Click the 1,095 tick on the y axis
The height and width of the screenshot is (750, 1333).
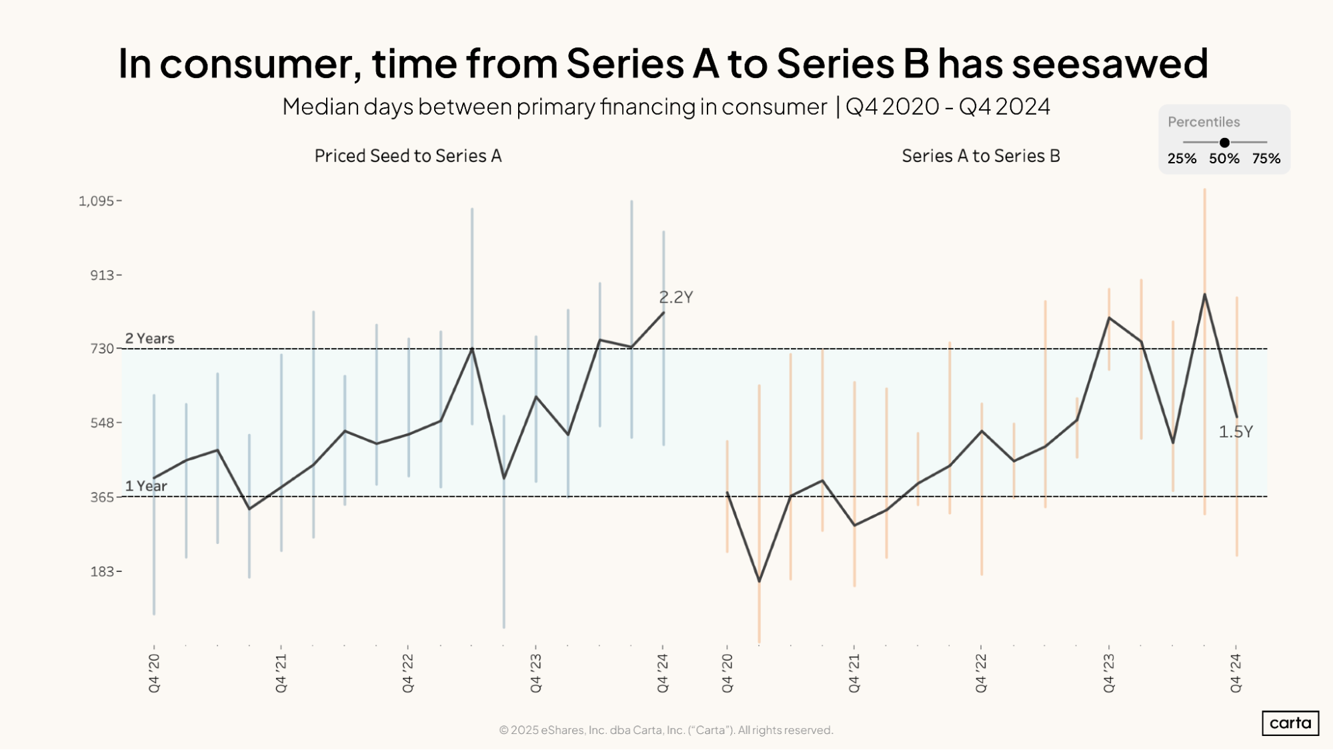coord(97,201)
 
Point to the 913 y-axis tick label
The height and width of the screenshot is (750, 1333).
coord(103,275)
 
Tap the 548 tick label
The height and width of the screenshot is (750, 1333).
coord(103,423)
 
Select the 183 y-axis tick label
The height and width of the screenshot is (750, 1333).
coord(103,571)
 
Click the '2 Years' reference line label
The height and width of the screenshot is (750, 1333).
coord(149,338)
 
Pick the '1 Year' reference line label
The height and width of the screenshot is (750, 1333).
coord(146,486)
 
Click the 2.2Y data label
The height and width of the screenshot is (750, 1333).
coord(676,297)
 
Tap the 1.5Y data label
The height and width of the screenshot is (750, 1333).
coord(1235,432)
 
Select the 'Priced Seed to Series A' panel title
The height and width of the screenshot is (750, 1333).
coord(407,156)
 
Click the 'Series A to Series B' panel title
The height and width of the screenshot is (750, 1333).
coord(980,156)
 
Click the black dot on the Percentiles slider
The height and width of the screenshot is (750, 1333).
coord(1224,143)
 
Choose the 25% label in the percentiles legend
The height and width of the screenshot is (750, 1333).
coord(1182,159)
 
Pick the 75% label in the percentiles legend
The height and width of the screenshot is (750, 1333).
coord(1266,159)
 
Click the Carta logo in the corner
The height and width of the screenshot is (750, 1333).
coord(1290,723)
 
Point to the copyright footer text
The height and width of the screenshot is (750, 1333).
coord(665,730)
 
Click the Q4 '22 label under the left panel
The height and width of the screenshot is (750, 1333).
coord(408,673)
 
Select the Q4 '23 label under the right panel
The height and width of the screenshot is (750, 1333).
coord(1109,673)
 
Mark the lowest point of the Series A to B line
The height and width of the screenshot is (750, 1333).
coord(759,581)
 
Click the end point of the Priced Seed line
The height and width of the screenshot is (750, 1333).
coord(663,312)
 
